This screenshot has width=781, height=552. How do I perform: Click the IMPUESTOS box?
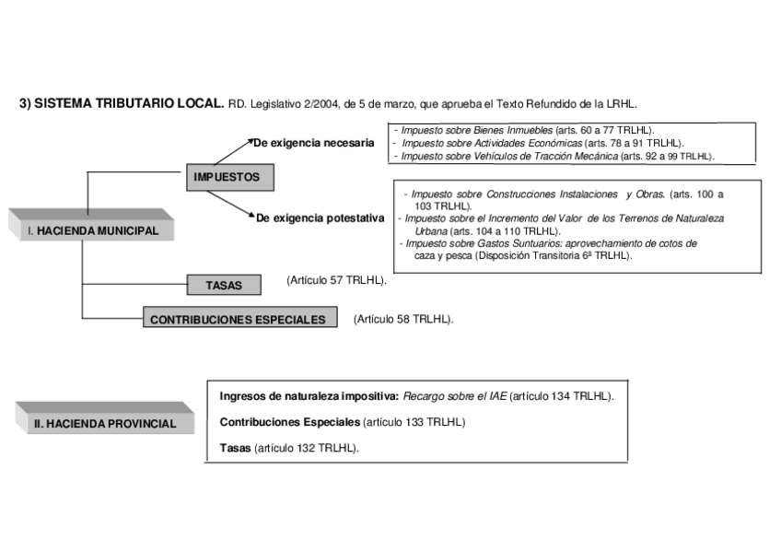click(x=226, y=177)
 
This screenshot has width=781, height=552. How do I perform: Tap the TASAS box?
click(x=223, y=286)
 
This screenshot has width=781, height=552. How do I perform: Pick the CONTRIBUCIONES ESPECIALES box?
click(x=237, y=320)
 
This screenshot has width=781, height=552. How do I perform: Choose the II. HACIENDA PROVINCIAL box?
click(x=104, y=424)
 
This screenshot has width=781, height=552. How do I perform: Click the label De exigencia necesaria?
click(x=314, y=143)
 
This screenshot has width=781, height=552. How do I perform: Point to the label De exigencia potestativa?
click(x=319, y=218)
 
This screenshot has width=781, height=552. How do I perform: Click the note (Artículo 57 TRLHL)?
click(x=336, y=279)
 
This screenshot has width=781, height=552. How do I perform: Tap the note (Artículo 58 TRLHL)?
click(x=403, y=319)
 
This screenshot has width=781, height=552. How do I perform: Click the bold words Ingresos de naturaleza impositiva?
click(x=309, y=396)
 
